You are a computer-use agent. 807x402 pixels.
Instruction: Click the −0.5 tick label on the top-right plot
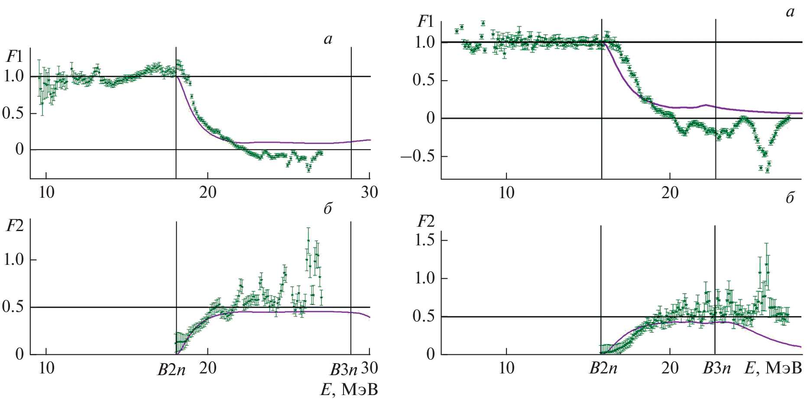pos(418,156)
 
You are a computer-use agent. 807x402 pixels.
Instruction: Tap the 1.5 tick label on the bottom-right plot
pos(425,240)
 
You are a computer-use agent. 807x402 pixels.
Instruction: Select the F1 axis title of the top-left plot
pos(14,57)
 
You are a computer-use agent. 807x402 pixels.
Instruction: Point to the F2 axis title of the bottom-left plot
pos(15,225)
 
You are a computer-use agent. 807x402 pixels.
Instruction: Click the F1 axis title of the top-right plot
pos(425,21)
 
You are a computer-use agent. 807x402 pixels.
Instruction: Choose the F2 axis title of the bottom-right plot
pos(425,222)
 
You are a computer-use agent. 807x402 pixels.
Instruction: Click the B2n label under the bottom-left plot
pos(172,370)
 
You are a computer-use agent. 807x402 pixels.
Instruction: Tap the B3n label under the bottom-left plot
pos(344,370)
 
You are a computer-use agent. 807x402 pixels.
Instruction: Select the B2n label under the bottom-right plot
pos(603,368)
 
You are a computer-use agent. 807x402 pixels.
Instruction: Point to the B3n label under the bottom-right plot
pos(716,368)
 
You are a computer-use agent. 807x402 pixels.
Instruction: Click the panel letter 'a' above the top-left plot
pos(328,39)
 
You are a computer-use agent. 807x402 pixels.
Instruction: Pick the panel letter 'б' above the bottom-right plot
pos(790,198)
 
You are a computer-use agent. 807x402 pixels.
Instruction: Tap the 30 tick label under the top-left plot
pos(369,192)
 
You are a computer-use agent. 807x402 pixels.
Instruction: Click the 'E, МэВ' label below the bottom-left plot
pos(349,389)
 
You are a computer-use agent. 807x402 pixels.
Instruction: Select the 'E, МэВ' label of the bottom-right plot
pos(773,368)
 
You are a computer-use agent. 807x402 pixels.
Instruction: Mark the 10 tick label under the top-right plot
pos(506,192)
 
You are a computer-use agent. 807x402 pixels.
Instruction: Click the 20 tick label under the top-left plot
pos(207,192)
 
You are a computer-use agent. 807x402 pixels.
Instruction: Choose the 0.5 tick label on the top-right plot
pos(424,80)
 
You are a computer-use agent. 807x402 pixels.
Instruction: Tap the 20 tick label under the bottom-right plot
pos(670,368)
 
